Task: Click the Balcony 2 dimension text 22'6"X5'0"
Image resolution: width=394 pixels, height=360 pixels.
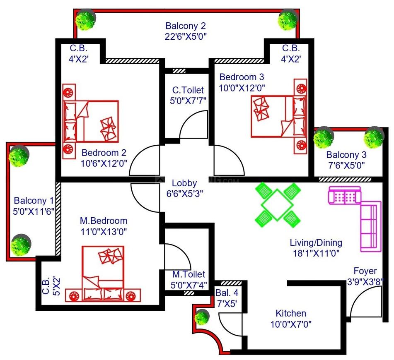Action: (186, 37)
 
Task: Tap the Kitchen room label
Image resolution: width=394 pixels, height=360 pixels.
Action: (291, 313)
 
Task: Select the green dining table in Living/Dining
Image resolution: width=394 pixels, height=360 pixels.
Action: (277, 205)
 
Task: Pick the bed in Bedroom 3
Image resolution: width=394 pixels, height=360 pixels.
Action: (279, 116)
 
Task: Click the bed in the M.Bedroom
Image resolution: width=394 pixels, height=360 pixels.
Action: (103, 273)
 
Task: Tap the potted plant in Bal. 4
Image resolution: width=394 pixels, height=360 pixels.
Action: (202, 317)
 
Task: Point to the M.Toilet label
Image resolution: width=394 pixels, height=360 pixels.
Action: (189, 274)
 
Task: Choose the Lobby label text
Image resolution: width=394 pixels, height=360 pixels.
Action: (184, 183)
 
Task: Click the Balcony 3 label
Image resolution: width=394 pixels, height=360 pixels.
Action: (346, 155)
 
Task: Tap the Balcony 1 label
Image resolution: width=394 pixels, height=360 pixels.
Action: (34, 201)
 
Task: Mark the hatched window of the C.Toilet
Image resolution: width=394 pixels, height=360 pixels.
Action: (179, 71)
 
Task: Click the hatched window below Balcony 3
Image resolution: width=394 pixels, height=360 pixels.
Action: (345, 180)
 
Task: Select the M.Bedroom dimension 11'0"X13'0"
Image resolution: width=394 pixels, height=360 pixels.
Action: (104, 232)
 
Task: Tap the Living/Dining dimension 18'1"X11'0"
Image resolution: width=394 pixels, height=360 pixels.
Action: (316, 253)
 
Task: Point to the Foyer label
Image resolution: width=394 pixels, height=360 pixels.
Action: (365, 271)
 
